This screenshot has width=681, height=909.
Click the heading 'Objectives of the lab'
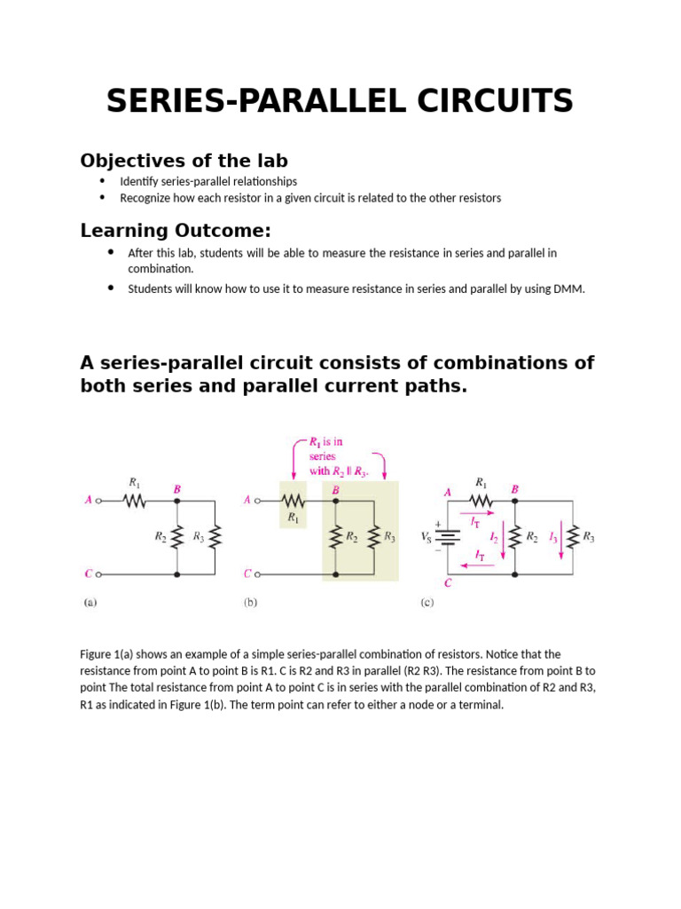pos(184,161)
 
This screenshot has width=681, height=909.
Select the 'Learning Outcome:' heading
pos(176,231)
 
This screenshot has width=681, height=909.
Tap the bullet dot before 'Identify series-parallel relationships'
pos(102,181)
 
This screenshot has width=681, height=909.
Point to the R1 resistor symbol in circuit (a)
pos(134,501)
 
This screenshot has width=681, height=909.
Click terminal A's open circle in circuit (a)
pos(98,501)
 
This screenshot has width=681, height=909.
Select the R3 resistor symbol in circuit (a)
pos(215,537)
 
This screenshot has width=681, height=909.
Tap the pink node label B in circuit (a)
pos(177,489)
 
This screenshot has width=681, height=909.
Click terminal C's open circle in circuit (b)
pos(258,574)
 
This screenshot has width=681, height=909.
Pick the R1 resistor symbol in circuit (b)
pos(294,501)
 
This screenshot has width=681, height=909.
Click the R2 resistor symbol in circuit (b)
pos(336,537)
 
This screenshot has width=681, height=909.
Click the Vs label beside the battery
pos(427,537)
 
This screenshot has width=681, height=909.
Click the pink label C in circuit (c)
pos(448,583)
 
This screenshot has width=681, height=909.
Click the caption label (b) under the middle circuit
pos(250,603)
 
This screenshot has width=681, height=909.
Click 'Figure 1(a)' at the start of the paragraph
pos(108,654)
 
